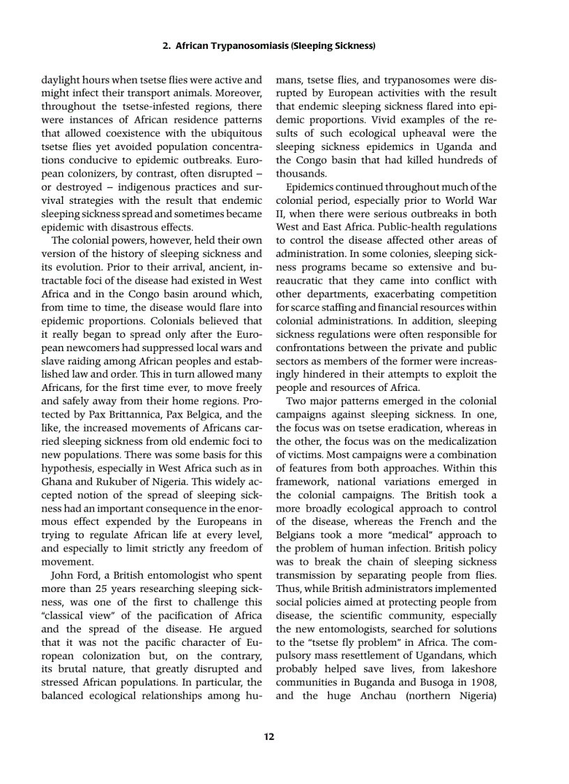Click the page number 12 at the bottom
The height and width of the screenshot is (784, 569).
click(268, 737)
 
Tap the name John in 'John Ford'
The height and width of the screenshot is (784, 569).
click(63, 575)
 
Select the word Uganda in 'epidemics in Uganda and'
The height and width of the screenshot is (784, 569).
click(455, 147)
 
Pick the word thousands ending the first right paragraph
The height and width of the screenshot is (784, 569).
click(301, 173)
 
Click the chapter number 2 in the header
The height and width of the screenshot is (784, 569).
click(165, 46)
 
